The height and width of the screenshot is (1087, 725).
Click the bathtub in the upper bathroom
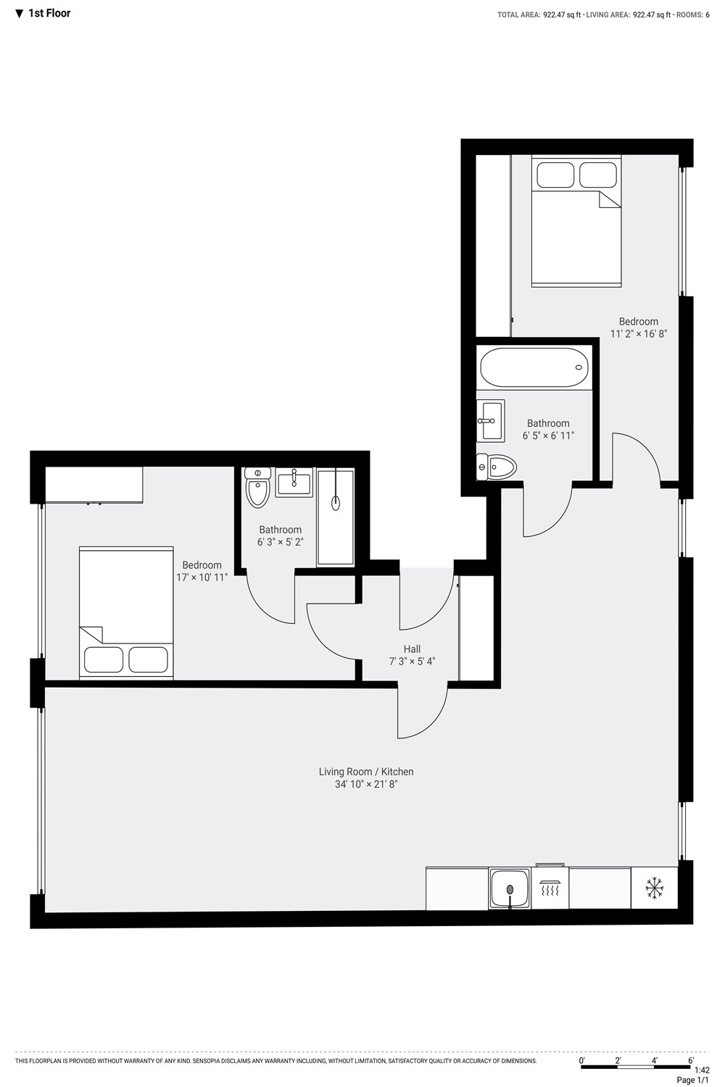click(x=534, y=367)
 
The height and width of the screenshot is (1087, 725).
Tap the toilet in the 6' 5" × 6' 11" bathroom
click(x=496, y=467)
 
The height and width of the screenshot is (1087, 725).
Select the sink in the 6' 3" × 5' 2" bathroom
click(x=294, y=483)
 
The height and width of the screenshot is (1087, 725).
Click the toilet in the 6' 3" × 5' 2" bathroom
click(x=257, y=487)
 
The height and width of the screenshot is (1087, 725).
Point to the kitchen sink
click(x=510, y=889)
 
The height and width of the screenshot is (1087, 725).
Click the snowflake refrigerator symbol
click(x=654, y=888)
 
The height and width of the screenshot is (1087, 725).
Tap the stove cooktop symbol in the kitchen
click(x=550, y=888)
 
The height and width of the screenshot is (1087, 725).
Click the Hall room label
click(x=412, y=649)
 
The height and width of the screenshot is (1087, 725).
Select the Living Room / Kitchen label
click(x=366, y=772)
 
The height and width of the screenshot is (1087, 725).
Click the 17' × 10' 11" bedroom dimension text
click(x=202, y=578)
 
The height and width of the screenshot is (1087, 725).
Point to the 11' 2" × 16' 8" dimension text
click(x=639, y=334)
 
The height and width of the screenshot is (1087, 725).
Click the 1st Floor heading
click(x=49, y=13)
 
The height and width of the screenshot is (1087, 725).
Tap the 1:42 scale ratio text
click(x=702, y=1070)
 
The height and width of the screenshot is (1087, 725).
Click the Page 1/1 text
click(x=693, y=1080)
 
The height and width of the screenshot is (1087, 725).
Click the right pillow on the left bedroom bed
click(x=149, y=659)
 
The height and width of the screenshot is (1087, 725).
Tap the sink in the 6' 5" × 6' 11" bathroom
click(x=490, y=421)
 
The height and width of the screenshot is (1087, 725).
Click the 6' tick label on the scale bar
click(x=690, y=1060)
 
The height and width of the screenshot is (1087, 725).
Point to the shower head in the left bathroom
click(x=336, y=503)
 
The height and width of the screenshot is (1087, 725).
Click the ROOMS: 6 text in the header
click(x=693, y=15)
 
